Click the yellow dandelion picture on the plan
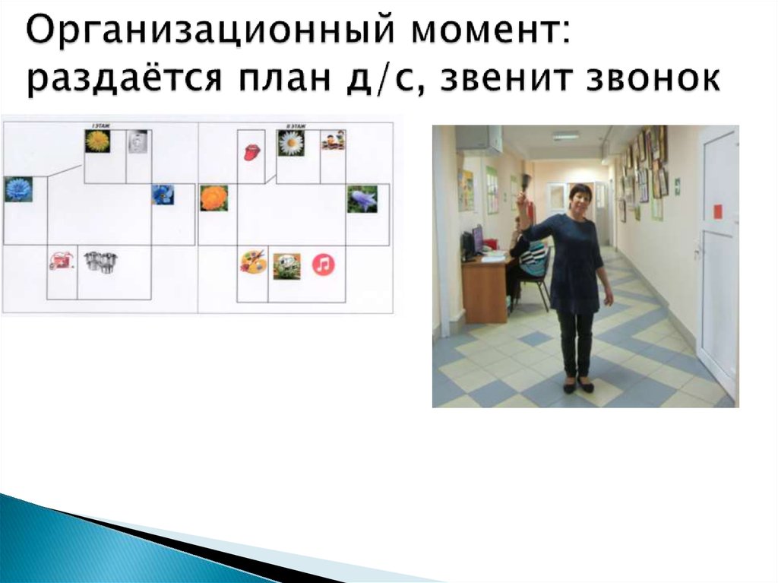pos(97,141)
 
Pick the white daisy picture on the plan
pos(290,142)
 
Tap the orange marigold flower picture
pos(213,198)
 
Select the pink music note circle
pos(324,265)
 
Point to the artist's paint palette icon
pos(253,263)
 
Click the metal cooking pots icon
pos(100,261)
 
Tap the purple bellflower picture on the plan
pos(362,198)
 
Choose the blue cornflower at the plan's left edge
pos(17,189)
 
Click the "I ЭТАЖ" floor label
pos(98,124)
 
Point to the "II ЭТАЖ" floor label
pos(292,124)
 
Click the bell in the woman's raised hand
pos(525,182)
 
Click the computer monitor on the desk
pos(476,239)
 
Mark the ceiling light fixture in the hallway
pos(565,137)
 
